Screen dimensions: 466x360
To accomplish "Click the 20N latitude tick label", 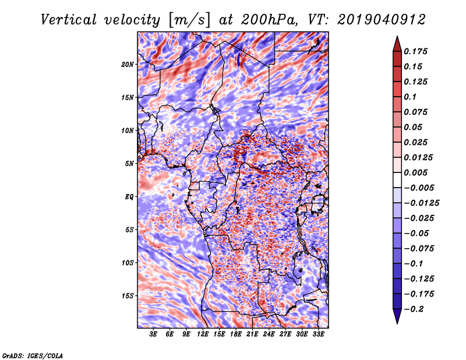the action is coord(128,64).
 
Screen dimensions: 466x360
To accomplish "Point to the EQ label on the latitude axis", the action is coord(129,197).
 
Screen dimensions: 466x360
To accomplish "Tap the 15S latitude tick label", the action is coord(128,296).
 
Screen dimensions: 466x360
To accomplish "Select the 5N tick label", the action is coord(129,164).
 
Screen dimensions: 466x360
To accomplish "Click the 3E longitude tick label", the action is coord(153,334).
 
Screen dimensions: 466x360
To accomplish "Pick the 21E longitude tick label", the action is coord(252,334).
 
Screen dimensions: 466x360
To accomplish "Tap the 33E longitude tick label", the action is coord(318,334).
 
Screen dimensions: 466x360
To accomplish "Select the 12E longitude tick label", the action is coord(203,334).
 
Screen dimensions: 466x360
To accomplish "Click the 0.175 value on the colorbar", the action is coord(415,51).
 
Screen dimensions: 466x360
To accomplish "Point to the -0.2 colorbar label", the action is coord(414,309).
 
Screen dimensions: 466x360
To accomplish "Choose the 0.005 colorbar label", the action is coord(415,172).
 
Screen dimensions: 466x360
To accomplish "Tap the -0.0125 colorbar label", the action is coord(421,203).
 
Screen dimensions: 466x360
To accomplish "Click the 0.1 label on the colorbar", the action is coord(410,97).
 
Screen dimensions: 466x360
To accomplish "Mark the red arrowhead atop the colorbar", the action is coord(397,44).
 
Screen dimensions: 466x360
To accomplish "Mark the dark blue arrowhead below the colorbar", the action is coord(397,316).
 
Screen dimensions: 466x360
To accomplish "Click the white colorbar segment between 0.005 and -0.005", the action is coord(397,180).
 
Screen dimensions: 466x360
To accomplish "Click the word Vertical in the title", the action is coord(69,20).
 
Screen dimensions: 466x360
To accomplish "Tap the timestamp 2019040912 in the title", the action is coord(382,20).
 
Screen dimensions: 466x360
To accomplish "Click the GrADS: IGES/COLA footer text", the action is coord(33,355).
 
